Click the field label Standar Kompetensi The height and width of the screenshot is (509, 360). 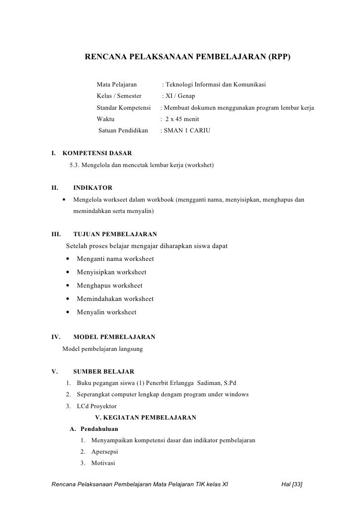[x=123, y=108]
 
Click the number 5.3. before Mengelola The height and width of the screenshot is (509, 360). [x=76, y=165]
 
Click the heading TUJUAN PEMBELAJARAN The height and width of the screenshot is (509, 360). [x=115, y=234]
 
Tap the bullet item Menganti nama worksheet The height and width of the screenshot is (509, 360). [x=115, y=259]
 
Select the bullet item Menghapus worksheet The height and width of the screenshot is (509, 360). [x=109, y=286]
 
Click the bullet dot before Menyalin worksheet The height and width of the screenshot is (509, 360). [x=66, y=312]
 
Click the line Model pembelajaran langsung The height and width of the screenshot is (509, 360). [x=102, y=349]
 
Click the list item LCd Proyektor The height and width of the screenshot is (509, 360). [x=96, y=406]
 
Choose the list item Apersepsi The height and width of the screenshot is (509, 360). [x=104, y=452]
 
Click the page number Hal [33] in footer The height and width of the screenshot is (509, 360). [x=291, y=485]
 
